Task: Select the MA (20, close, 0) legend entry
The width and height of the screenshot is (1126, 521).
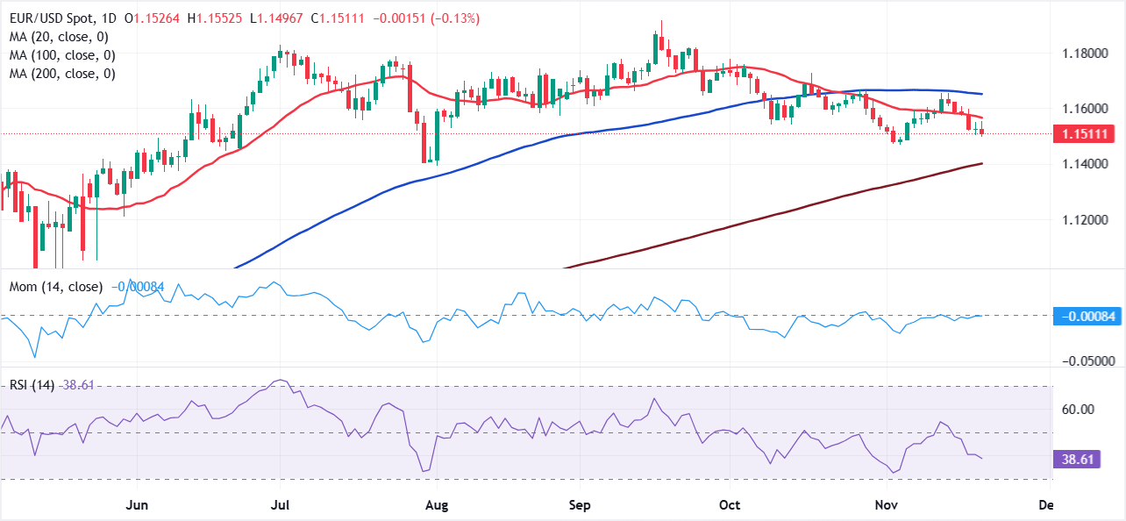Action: click(x=59, y=37)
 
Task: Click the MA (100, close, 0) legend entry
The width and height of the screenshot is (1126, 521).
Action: click(x=62, y=55)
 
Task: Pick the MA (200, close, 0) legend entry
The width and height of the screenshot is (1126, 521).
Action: click(x=62, y=74)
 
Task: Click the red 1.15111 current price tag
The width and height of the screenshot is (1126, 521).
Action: click(x=1086, y=134)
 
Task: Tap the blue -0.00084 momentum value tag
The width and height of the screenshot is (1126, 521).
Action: click(x=1086, y=316)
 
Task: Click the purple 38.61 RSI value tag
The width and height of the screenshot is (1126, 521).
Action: click(x=1086, y=459)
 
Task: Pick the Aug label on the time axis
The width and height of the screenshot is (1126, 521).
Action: click(x=436, y=506)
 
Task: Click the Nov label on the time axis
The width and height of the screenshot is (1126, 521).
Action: click(x=879, y=506)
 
